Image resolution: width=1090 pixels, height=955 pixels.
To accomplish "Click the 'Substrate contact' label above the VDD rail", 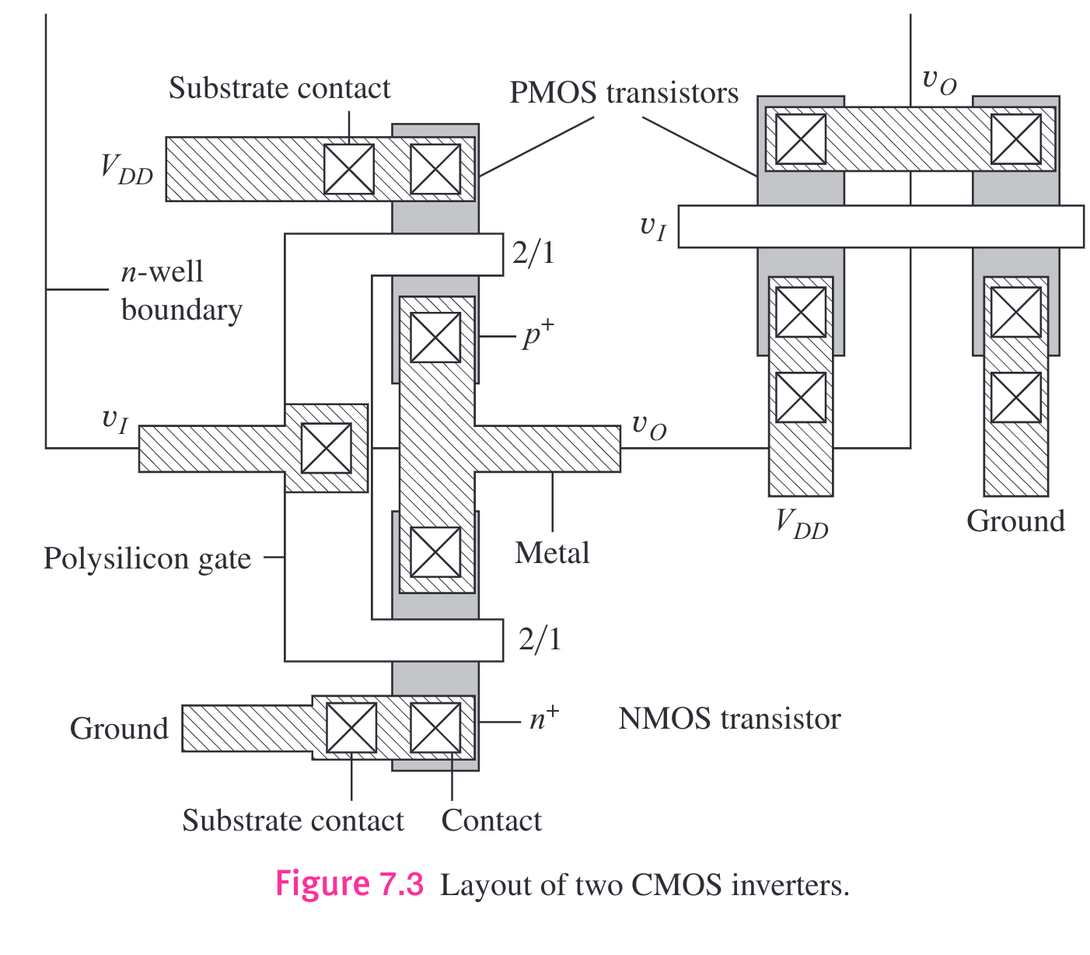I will pos(279,89).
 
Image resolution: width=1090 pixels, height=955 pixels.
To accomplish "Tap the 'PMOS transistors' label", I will pos(624,93).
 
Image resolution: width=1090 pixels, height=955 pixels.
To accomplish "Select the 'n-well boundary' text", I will pos(180,291).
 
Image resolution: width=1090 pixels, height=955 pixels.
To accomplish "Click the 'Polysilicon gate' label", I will pos(147,559).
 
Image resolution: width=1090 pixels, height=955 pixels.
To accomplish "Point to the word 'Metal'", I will pos(552,554).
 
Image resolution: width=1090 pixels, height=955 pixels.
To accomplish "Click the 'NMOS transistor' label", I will pos(729,719).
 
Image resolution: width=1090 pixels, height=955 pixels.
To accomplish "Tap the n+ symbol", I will pos(543,719).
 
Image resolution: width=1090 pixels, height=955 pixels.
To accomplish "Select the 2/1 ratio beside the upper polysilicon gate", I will pos(533,254).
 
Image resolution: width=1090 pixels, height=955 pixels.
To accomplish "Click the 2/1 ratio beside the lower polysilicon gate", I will pos(540,639).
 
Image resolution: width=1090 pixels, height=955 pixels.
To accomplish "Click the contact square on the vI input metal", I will pos(326,448).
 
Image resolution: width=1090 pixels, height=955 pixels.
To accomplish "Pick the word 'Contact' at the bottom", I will pos(491,821).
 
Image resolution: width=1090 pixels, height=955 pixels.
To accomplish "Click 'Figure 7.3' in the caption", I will pos(350,885).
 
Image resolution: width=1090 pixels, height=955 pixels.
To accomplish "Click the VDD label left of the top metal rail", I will pos(127,169).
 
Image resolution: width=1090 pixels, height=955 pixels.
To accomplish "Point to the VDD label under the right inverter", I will pos(802,523).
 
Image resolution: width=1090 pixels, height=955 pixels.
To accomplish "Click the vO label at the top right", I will pos(938,81).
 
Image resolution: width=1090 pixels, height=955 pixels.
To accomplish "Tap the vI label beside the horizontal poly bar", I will pos(652,228).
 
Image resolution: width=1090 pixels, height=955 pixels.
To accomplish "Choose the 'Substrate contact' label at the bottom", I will pos(293,821).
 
